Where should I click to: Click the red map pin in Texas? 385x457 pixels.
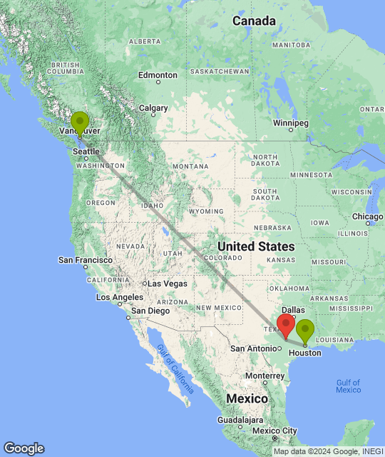pyautogui.click(x=286, y=325)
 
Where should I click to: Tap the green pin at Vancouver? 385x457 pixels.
pyautogui.click(x=80, y=122)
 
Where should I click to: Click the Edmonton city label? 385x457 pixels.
pyautogui.click(x=158, y=75)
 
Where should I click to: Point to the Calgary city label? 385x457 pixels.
pyautogui.click(x=153, y=109)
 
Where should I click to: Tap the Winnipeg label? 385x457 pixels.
pyautogui.click(x=290, y=123)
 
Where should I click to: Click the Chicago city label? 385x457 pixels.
pyautogui.click(x=368, y=216)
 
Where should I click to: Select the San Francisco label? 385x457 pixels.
pyautogui.click(x=85, y=260)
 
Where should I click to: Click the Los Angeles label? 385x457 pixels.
pyautogui.click(x=119, y=297)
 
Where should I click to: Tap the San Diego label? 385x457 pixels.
pyautogui.click(x=149, y=311)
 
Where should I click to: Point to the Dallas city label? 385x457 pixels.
pyautogui.click(x=298, y=310)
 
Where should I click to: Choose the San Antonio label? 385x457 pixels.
pyautogui.click(x=253, y=348)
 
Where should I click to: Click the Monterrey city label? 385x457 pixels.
pyautogui.click(x=265, y=376)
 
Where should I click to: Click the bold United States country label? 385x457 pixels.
pyautogui.click(x=255, y=246)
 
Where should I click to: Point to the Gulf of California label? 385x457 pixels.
pyautogui.click(x=175, y=368)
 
